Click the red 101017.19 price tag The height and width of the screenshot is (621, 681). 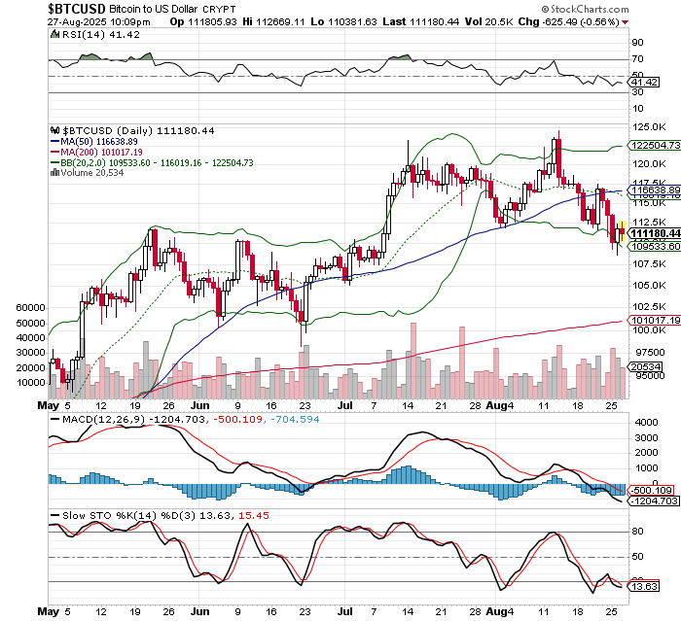653,320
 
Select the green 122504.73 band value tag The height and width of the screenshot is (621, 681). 653,145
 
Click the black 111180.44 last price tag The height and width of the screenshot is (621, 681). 653,234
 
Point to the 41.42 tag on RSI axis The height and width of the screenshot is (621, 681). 642,85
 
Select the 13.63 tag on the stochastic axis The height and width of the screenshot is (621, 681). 642,588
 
